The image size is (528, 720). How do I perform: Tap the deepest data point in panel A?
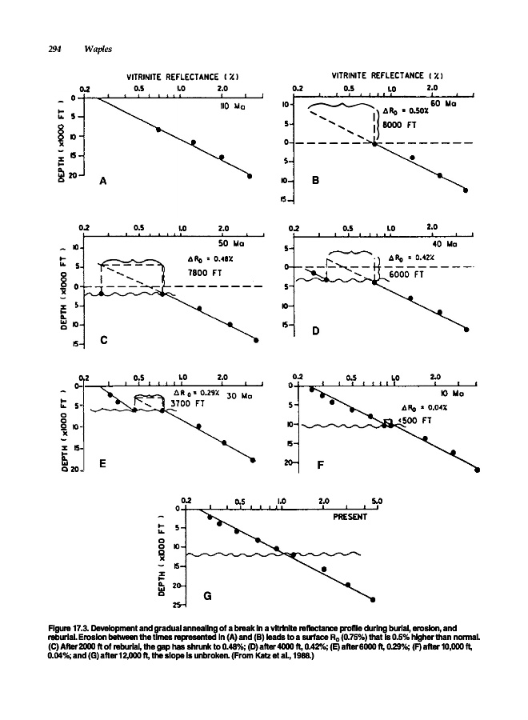point(250,176)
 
